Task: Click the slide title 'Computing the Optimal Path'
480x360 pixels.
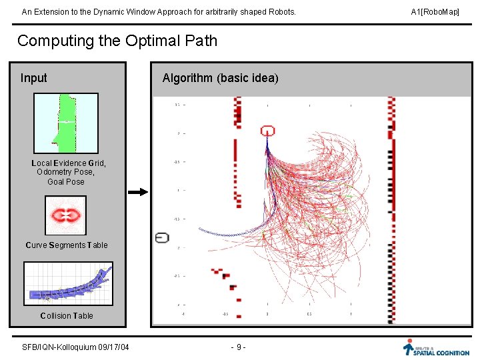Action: click(x=117, y=41)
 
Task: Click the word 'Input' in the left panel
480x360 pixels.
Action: click(x=34, y=78)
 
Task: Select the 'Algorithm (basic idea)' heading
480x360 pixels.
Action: click(x=220, y=78)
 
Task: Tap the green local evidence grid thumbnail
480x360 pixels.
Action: click(x=66, y=123)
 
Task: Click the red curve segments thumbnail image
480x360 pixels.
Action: click(x=66, y=215)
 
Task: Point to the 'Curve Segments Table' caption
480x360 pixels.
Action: click(x=66, y=245)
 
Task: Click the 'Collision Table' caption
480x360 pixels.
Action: click(x=66, y=316)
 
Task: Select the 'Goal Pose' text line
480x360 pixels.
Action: click(x=66, y=182)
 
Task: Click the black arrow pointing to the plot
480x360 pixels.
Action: click(x=137, y=192)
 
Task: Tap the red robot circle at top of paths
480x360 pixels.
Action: click(x=267, y=131)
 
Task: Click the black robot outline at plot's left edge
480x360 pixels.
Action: click(x=162, y=237)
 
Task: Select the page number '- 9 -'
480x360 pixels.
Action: click(x=238, y=347)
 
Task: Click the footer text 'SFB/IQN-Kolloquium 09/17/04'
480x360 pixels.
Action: click(x=75, y=347)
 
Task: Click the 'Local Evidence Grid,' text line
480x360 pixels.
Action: click(x=69, y=163)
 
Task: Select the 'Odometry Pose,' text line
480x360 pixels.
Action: click(x=66, y=173)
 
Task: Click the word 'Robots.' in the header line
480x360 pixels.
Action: click(x=281, y=12)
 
